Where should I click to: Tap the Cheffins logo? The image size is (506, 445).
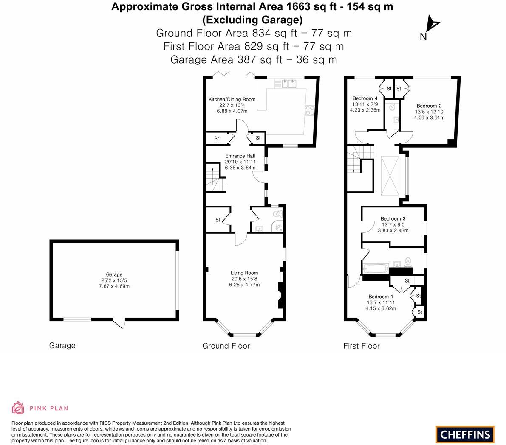[465, 434]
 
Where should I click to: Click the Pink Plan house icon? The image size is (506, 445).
[18, 408]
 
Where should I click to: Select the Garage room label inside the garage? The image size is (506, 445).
[114, 274]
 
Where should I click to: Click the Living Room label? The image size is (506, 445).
[244, 273]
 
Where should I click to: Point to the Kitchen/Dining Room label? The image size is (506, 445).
[232, 99]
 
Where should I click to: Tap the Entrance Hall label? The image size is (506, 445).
[240, 156]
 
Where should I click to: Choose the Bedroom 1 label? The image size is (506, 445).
[381, 297]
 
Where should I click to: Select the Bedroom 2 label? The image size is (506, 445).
[429, 106]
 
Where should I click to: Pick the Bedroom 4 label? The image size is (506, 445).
[365, 98]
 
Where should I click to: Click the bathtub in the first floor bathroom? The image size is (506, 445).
[376, 269]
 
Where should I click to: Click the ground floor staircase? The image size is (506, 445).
[216, 177]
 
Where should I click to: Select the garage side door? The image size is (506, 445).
[119, 323]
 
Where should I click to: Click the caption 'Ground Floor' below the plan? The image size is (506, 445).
[226, 346]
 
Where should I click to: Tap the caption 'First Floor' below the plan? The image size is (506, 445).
[361, 346]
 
